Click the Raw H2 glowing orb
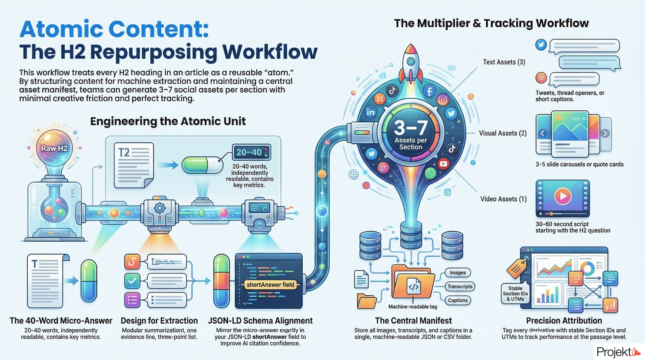coord(54,148)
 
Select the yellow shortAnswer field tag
coord(270,285)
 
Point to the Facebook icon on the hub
coord(429,91)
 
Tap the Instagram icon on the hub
coord(443,100)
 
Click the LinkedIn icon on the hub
coord(370,112)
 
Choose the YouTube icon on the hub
coord(444,164)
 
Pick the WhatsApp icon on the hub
coord(430,173)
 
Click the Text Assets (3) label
coord(504,62)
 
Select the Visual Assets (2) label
coord(503,133)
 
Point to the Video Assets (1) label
coord(503,199)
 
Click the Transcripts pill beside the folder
coord(460,287)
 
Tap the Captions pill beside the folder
coord(458,300)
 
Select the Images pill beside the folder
coord(458,273)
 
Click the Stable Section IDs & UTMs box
coord(515,294)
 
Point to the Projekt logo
coord(618,352)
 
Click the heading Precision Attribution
coord(564,321)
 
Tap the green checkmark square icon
coord(132,281)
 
